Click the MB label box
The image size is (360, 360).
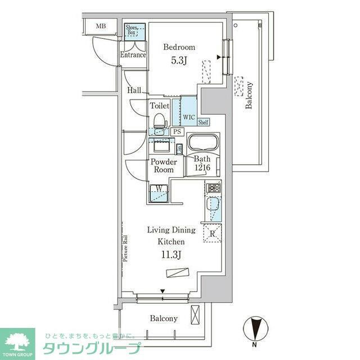[x=101, y=26]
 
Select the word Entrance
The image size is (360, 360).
[x=133, y=55]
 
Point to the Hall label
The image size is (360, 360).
[x=134, y=90]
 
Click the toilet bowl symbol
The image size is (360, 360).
[x=159, y=121]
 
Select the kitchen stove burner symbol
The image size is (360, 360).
[x=214, y=188]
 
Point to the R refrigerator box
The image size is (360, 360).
[x=213, y=233]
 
